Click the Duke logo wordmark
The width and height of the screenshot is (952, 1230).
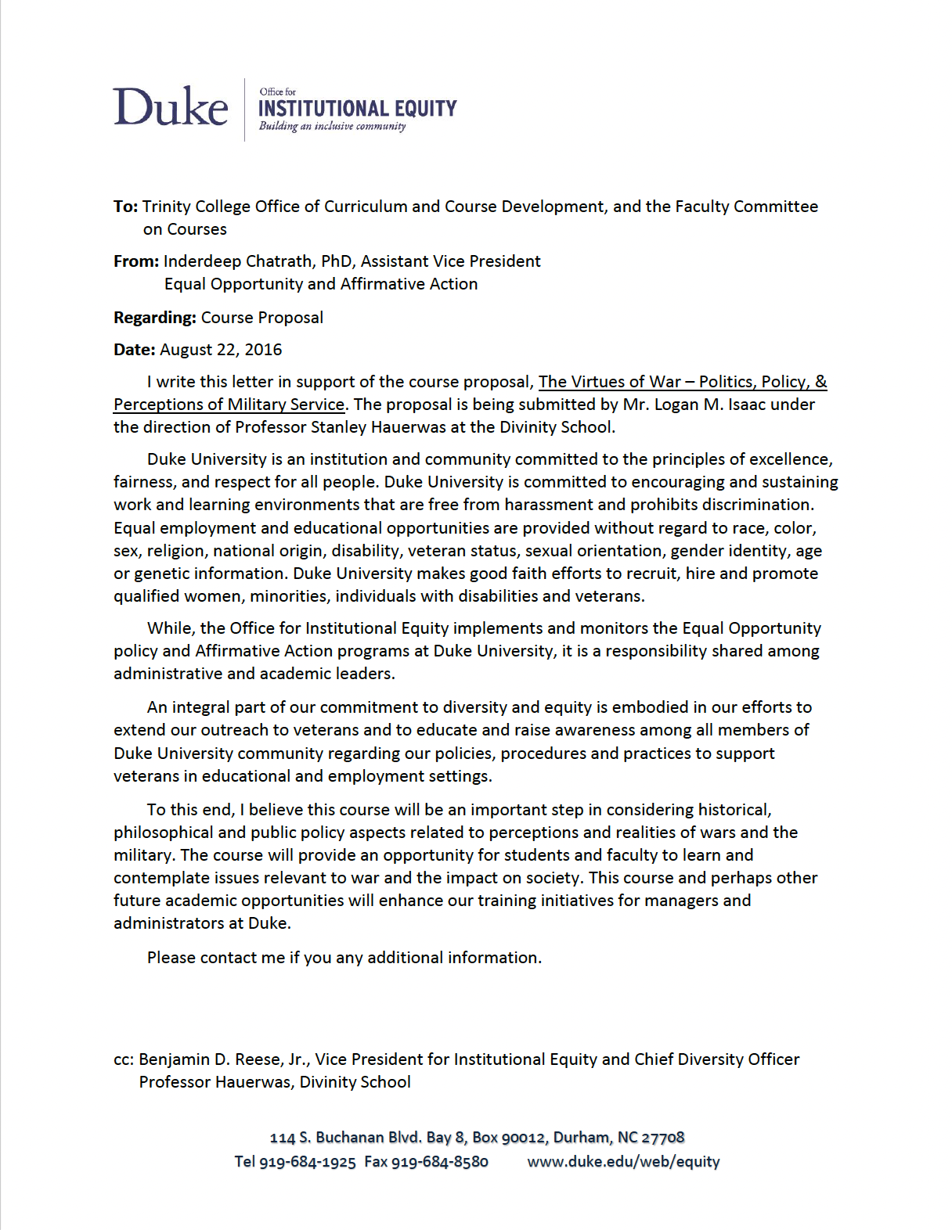tap(171, 107)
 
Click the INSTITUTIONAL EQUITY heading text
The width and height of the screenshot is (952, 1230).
tap(357, 109)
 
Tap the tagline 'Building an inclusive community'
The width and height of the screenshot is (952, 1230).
tap(333, 126)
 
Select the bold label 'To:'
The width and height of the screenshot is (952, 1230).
tap(125, 207)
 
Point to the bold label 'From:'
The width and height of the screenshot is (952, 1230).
tap(136, 261)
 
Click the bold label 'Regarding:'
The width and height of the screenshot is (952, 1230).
tap(155, 318)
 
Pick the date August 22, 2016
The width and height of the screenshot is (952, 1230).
tap(221, 350)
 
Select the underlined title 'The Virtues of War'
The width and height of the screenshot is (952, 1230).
tap(610, 382)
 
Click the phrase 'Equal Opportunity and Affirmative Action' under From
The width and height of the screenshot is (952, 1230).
tap(321, 284)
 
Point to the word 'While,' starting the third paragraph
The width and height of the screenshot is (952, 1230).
tap(171, 628)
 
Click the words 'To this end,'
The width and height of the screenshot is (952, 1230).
tap(191, 810)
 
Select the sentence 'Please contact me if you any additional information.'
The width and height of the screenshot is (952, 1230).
tap(344, 958)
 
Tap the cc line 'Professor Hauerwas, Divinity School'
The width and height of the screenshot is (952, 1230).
tap(275, 1082)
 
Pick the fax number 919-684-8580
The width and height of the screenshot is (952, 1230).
tap(439, 1162)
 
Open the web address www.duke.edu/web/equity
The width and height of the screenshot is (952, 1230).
tap(623, 1162)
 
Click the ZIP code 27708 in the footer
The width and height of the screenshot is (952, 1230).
tap(663, 1138)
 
